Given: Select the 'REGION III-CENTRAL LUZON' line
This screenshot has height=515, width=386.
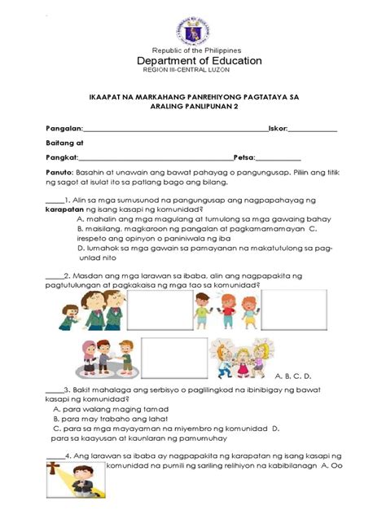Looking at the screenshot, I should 186,71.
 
